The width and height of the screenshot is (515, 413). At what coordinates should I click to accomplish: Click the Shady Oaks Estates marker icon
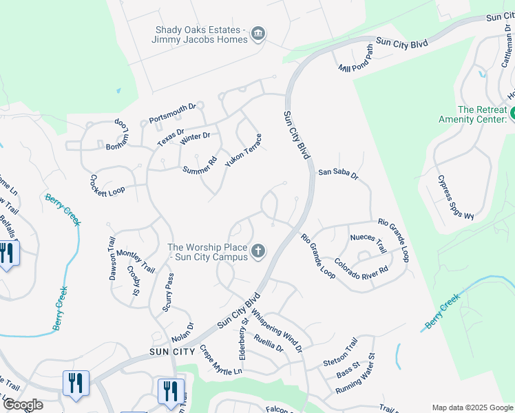[258, 34]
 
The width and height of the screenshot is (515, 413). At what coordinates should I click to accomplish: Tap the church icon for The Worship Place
[258, 251]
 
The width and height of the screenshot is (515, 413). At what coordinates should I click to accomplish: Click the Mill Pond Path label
[356, 61]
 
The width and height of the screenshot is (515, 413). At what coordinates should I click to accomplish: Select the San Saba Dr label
[338, 174]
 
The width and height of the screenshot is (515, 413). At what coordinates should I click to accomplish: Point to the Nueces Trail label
[368, 243]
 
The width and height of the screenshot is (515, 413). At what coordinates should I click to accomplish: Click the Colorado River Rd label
[361, 267]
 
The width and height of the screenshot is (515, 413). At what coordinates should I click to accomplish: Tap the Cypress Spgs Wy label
[456, 198]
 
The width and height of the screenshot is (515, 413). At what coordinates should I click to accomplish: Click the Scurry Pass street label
[169, 293]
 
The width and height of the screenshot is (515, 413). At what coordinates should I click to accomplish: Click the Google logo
[23, 405]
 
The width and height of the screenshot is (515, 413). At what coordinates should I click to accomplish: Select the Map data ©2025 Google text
[472, 407]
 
